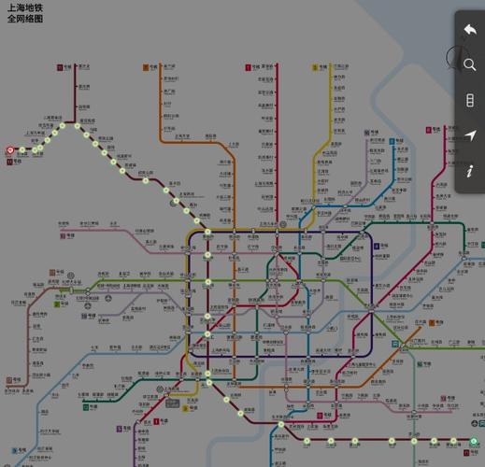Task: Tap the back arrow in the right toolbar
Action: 470,30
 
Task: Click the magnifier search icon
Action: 470,64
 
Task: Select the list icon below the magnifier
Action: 470,100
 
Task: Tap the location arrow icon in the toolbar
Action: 470,135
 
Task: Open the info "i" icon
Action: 470,171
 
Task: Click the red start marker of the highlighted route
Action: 10,149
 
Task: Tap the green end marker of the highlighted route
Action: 474,442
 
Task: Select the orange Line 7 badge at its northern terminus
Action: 149,67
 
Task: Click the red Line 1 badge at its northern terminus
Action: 250,67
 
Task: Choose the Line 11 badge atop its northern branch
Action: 60,67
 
